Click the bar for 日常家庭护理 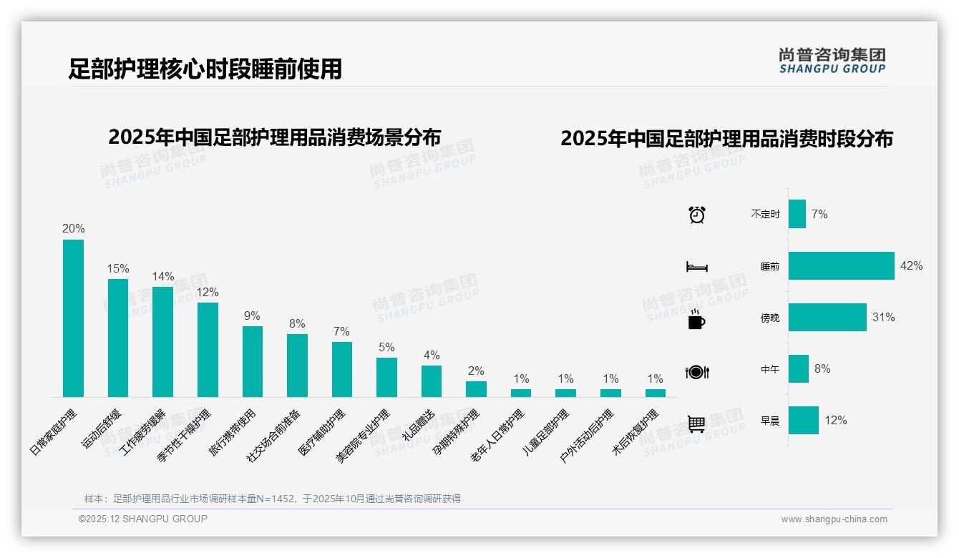(x=73, y=318)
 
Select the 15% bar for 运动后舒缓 (x=118, y=338)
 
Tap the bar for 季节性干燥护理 (x=208, y=350)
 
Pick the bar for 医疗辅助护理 (x=342, y=369)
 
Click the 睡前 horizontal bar (x=841, y=265)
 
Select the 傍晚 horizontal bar (x=827, y=317)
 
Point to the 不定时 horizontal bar (x=797, y=214)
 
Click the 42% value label (x=911, y=265)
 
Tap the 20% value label (x=73, y=229)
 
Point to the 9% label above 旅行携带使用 (x=252, y=316)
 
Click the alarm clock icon (x=697, y=215)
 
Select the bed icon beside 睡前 (x=697, y=267)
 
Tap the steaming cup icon (x=696, y=319)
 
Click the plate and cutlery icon (x=697, y=372)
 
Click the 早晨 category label (x=770, y=421)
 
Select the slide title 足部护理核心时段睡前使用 (x=205, y=69)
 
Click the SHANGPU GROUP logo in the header (x=832, y=61)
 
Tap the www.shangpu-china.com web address (x=834, y=519)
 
